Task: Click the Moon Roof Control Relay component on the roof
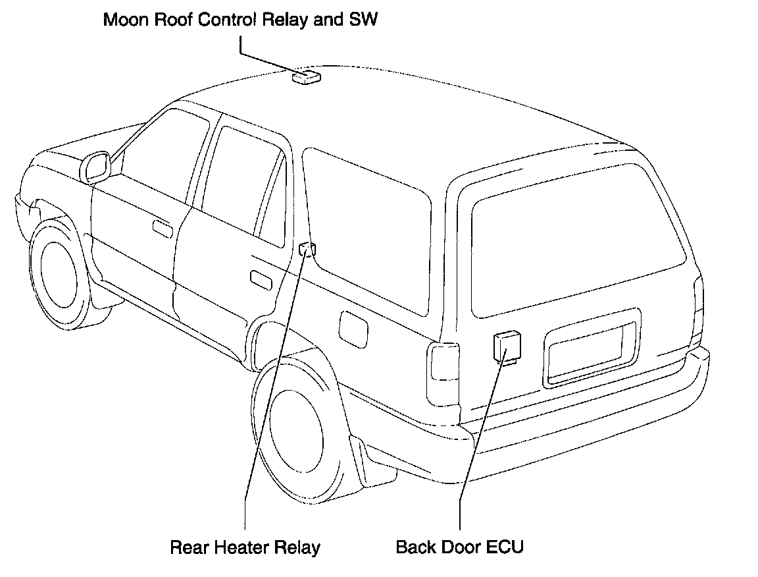coord(306,77)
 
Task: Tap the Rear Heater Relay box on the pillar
coord(307,248)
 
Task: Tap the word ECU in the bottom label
coord(505,547)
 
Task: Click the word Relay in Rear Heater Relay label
coord(298,547)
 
